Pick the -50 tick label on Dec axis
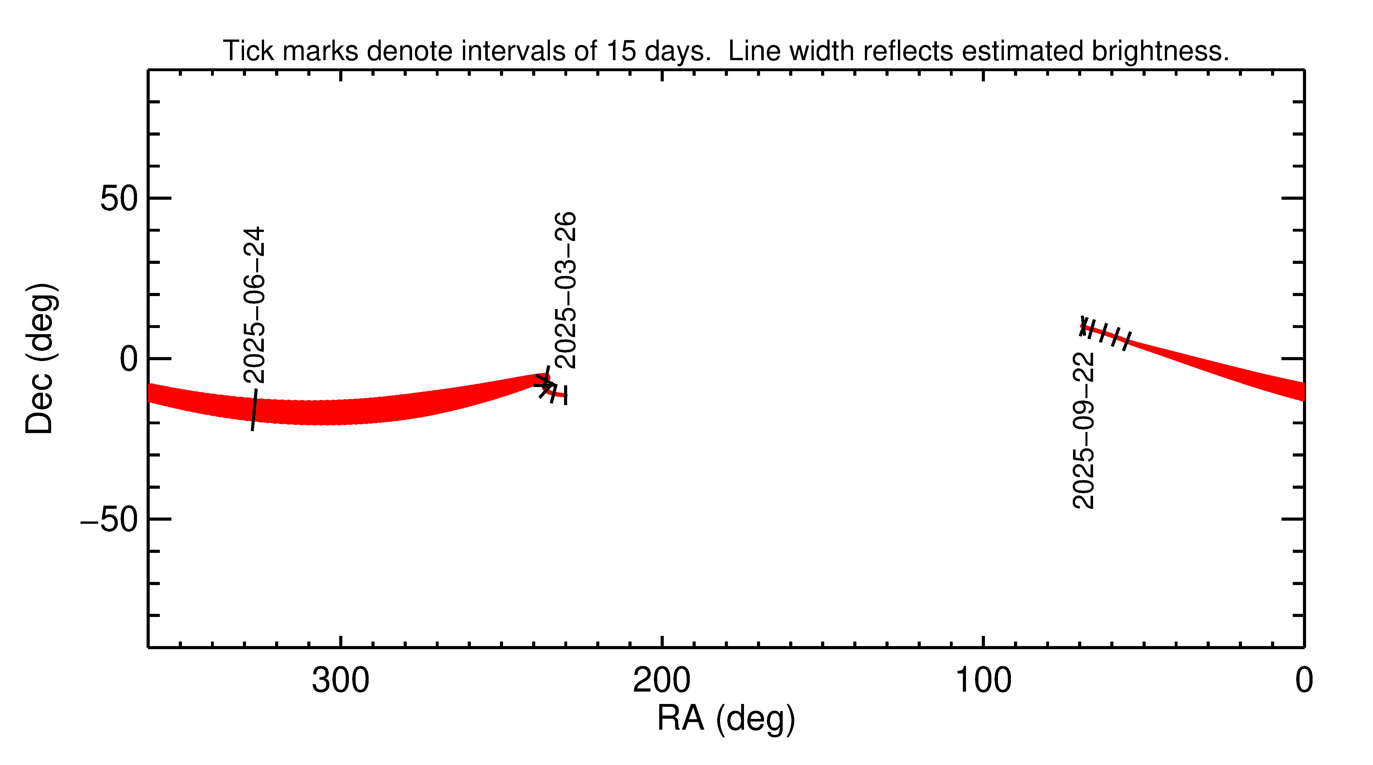click(109, 520)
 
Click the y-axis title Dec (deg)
click(40, 359)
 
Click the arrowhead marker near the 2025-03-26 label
click(545, 385)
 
